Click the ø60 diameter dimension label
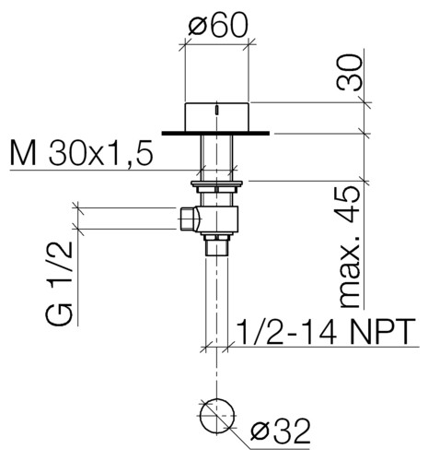pos(217,26)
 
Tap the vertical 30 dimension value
pos(350,73)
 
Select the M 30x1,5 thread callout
pos(82,152)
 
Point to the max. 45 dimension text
pos(349,247)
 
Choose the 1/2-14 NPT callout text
pos(327,332)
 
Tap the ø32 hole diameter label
pos(280,431)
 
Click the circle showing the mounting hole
pos(217,415)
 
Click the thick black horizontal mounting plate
pos(215,133)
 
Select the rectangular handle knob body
pos(216,117)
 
